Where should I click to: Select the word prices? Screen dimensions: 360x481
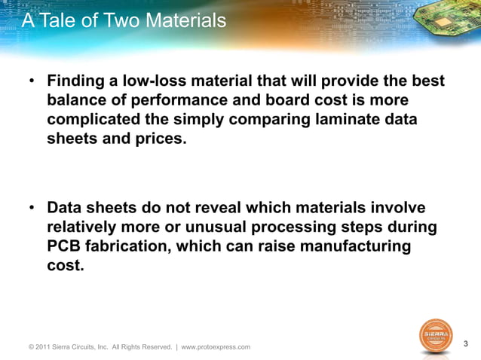(156, 140)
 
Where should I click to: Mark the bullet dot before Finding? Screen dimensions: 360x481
(32, 81)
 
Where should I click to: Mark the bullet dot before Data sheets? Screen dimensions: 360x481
(32, 208)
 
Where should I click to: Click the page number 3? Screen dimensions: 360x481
(466, 344)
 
